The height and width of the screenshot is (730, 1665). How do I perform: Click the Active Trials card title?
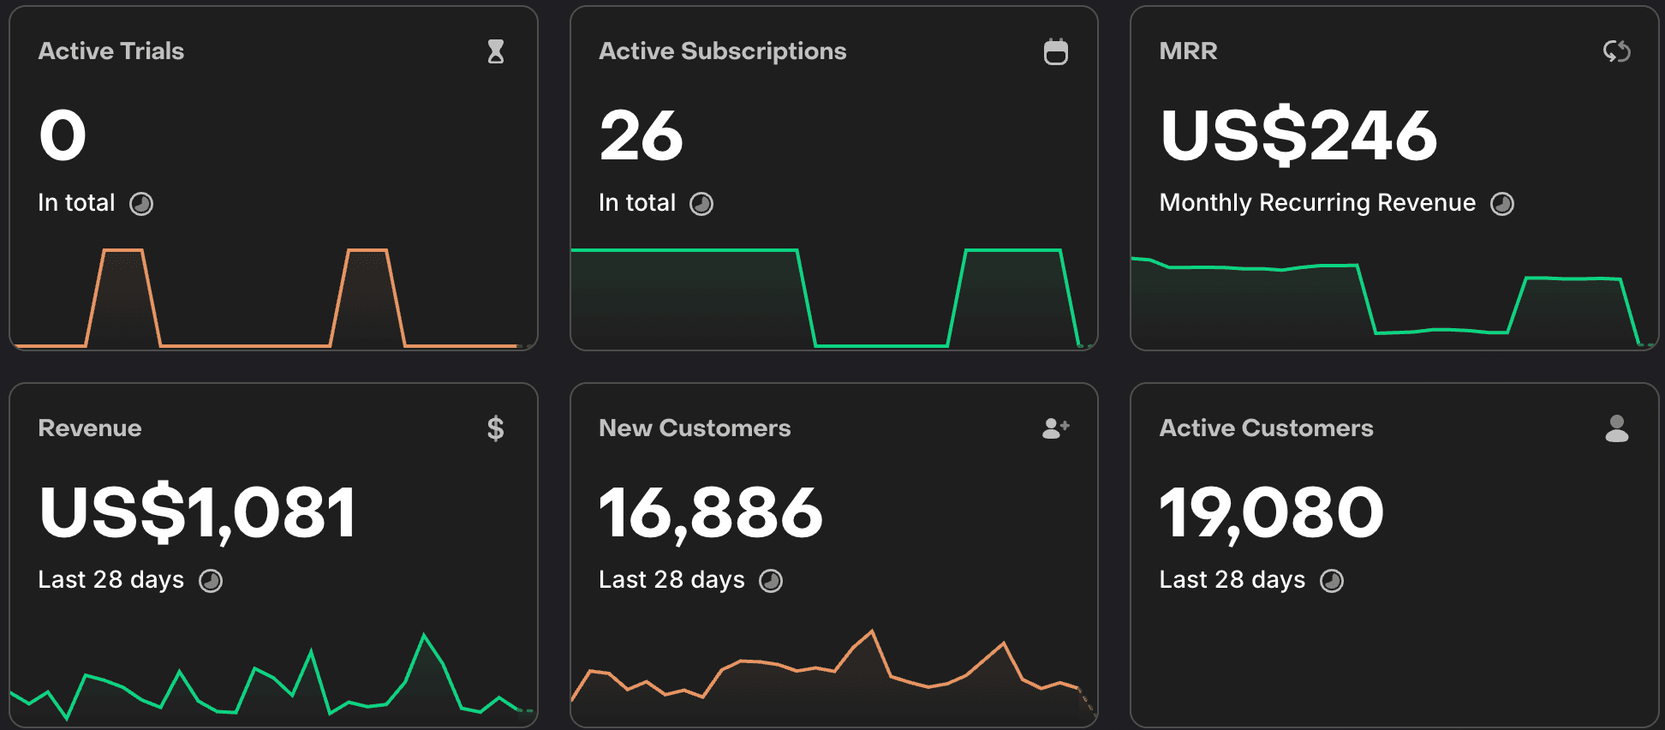coord(111,51)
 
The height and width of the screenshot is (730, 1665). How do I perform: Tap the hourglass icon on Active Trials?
coord(495,51)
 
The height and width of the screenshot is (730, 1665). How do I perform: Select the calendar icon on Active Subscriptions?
coord(1055,51)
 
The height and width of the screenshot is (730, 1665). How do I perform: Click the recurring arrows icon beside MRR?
coord(1616,51)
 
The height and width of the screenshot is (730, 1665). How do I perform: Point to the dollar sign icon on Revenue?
coord(495,428)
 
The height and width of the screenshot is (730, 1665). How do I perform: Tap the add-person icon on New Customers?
coord(1055,428)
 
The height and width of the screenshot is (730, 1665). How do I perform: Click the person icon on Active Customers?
coord(1616,428)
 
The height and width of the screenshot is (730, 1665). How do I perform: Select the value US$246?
coord(1298,135)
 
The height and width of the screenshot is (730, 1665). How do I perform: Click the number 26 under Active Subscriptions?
coord(641,135)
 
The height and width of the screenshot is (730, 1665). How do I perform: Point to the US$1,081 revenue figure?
coord(197,512)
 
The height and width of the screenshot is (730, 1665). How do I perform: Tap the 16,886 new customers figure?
coord(710,512)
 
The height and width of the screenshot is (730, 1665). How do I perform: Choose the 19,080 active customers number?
coord(1271,512)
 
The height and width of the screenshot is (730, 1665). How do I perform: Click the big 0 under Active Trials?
coord(63,135)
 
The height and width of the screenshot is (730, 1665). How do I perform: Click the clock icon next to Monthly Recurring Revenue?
coord(1502,204)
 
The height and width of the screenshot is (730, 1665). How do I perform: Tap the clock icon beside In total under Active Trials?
coord(141,204)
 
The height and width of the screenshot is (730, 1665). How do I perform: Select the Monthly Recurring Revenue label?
coord(1317,203)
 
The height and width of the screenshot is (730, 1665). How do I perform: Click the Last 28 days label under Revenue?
coord(111,580)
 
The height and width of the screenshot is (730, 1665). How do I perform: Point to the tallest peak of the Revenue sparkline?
coord(424,635)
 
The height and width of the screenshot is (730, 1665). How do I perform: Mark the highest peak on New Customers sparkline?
coord(872,631)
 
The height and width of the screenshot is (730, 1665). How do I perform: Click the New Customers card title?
coord(695,428)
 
